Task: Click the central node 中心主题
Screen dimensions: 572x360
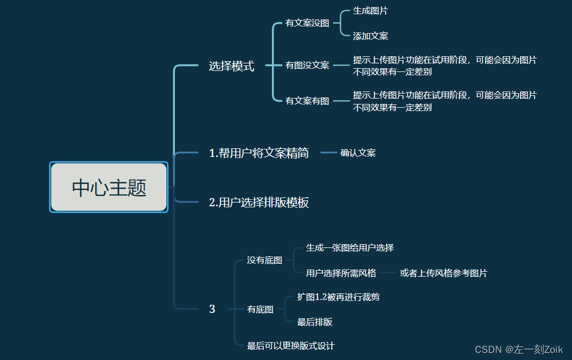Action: (109, 187)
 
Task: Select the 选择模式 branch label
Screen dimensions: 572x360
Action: (231, 67)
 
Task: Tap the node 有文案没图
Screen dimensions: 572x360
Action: (307, 23)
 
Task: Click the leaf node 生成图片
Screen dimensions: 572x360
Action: (370, 11)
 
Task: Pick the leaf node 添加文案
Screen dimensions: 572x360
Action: (370, 36)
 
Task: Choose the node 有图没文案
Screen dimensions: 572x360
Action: (307, 66)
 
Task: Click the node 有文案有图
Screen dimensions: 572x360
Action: (307, 101)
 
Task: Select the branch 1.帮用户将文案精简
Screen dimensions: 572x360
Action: (259, 153)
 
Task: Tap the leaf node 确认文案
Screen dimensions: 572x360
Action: (358, 153)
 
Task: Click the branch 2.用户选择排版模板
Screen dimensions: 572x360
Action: (259, 203)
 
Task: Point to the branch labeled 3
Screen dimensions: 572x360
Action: (212, 309)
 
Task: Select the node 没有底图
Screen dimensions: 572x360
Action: (264, 260)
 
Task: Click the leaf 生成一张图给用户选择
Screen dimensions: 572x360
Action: (350, 248)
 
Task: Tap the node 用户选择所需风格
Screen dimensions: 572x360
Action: (341, 273)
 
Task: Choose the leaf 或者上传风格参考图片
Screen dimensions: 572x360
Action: (444, 273)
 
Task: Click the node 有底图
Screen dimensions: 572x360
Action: (260, 310)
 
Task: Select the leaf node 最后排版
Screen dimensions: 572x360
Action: (315, 322)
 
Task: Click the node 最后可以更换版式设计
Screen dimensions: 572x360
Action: (291, 345)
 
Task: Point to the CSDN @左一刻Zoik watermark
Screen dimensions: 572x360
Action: (519, 349)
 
